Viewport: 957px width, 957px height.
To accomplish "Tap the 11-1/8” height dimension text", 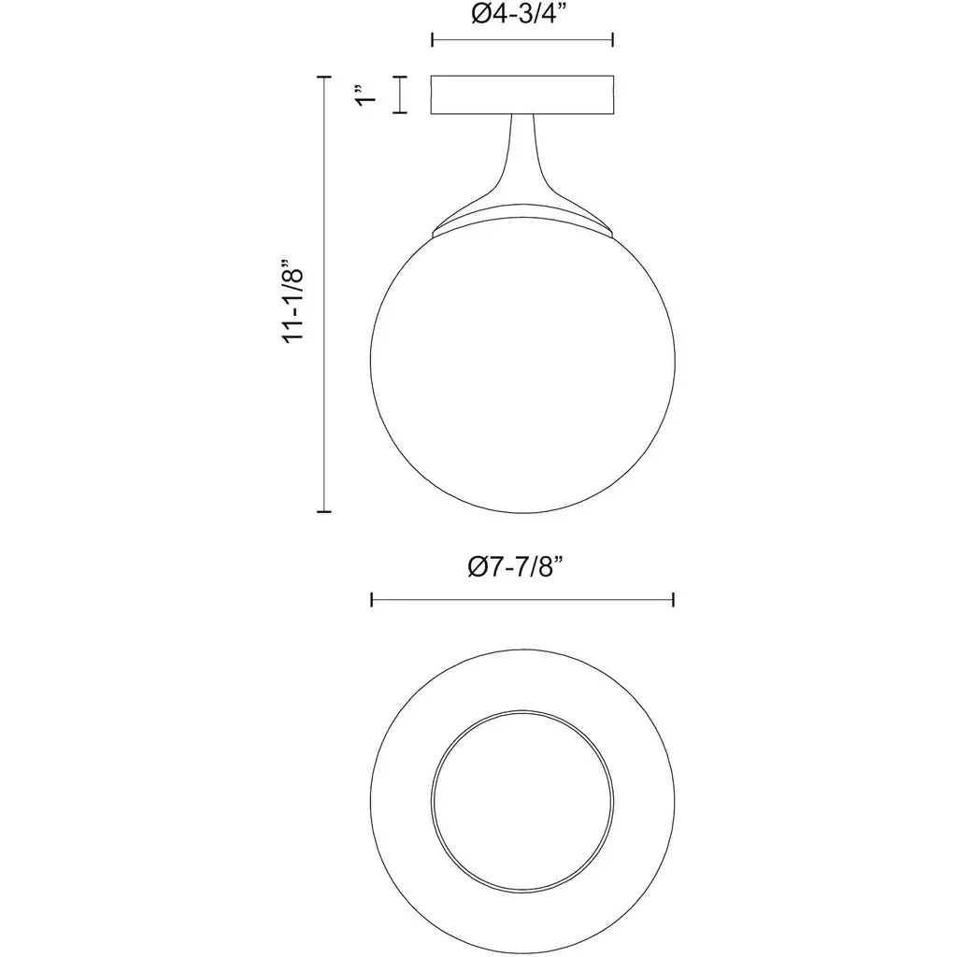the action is click(293, 302).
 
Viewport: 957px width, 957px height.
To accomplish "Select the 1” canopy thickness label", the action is click(366, 94).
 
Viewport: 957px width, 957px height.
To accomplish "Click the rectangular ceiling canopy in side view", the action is click(522, 94).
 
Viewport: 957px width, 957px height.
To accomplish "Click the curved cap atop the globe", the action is click(522, 220).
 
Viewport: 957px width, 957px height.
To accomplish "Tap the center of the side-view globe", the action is click(522, 360).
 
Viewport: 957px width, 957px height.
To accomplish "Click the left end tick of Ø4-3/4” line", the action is click(432, 40).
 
